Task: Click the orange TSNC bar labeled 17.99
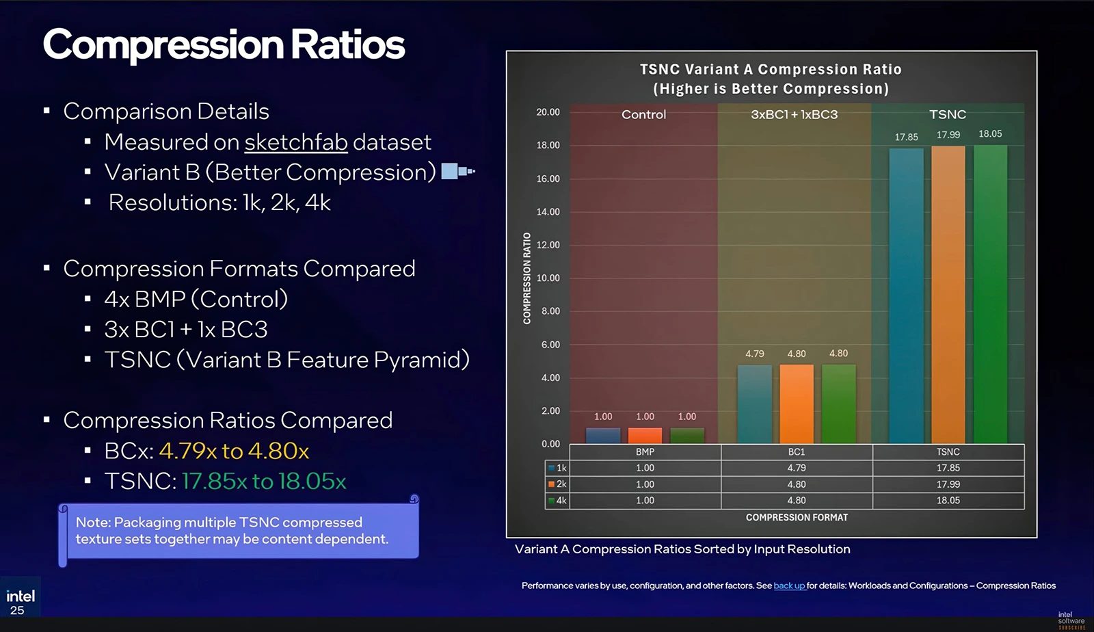click(x=948, y=294)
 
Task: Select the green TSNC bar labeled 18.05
click(x=990, y=294)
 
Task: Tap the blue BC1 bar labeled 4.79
click(x=754, y=404)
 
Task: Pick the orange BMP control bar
click(x=645, y=436)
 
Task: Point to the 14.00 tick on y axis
click(x=548, y=212)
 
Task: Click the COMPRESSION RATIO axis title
click(x=526, y=278)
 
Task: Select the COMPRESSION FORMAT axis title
click(x=797, y=518)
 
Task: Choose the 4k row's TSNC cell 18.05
click(x=948, y=501)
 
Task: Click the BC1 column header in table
click(x=797, y=452)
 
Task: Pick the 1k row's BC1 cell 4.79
click(x=797, y=468)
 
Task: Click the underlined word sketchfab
click(x=295, y=142)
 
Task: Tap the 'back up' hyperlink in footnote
click(x=789, y=585)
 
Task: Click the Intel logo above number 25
click(x=21, y=596)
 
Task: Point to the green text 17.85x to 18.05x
click(x=264, y=482)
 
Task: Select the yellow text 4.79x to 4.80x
click(x=234, y=451)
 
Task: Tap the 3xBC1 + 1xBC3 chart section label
click(x=794, y=115)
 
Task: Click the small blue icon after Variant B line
click(x=457, y=171)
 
